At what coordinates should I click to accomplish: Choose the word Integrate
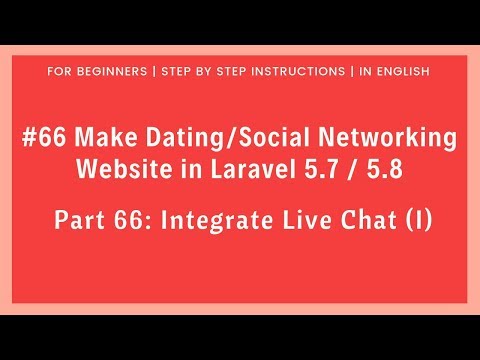tap(213, 218)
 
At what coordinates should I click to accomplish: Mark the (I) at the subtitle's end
tap(418, 218)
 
